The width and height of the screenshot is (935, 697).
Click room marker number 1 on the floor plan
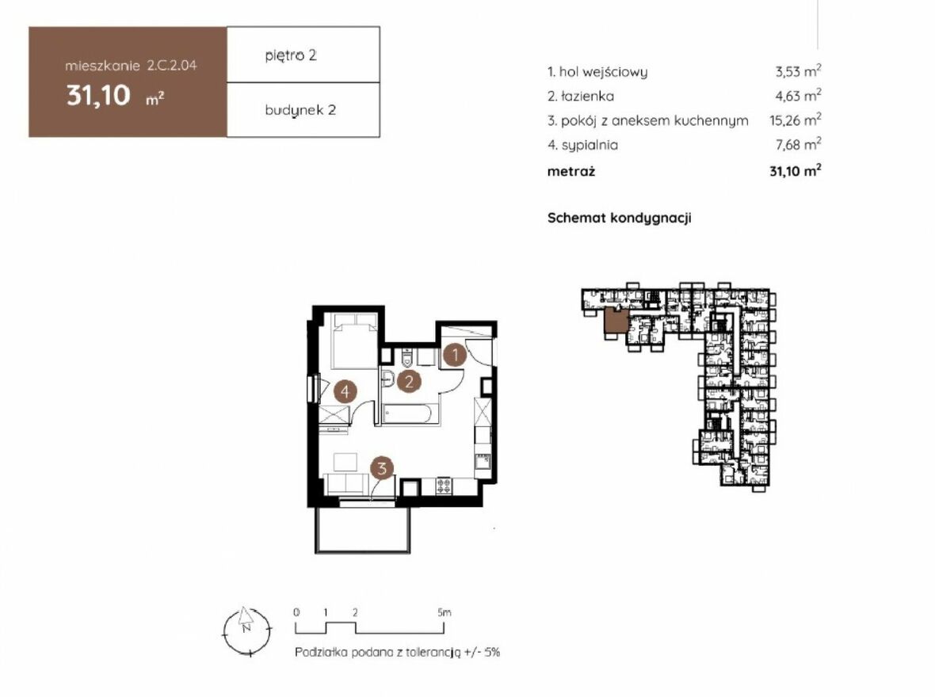click(454, 356)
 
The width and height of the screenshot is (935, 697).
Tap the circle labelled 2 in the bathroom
click(408, 381)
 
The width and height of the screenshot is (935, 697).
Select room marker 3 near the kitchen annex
click(382, 468)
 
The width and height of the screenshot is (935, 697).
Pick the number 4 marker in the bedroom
click(345, 392)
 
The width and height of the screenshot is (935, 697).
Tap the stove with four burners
click(445, 486)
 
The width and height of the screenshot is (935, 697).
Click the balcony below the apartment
click(363, 529)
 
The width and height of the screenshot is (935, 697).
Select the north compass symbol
click(246, 631)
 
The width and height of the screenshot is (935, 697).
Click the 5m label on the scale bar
click(445, 612)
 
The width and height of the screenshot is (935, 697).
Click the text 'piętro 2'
click(291, 55)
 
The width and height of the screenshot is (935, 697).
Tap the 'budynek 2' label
click(300, 110)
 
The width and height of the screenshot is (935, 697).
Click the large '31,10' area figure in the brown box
click(98, 95)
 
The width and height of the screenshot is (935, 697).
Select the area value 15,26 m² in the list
click(796, 120)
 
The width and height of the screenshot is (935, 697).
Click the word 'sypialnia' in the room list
click(590, 145)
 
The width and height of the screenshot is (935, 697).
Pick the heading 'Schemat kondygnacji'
click(619, 218)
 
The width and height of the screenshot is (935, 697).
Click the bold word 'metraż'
click(571, 172)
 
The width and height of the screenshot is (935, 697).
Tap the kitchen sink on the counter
click(482, 461)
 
